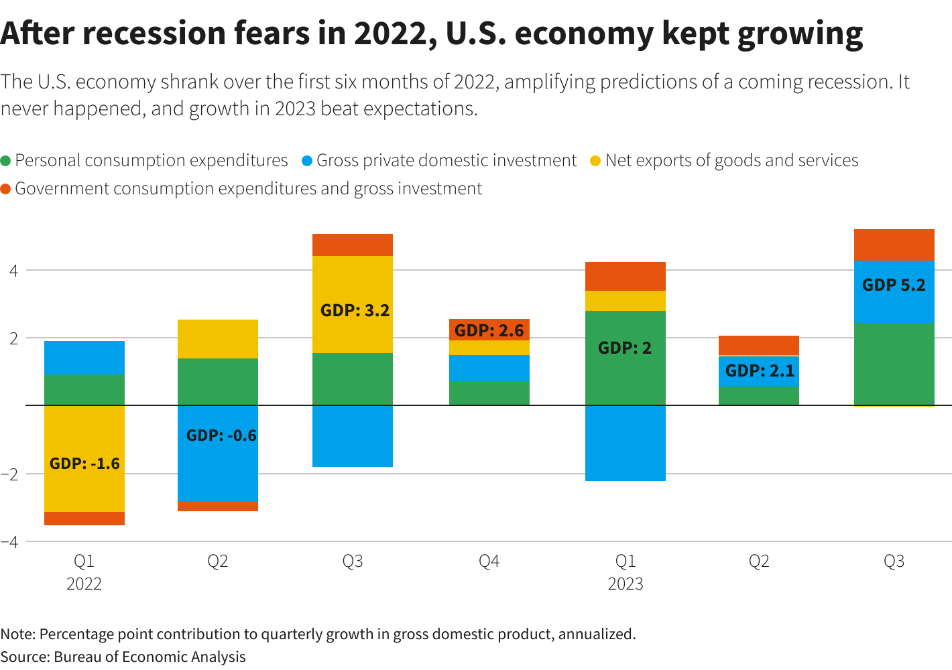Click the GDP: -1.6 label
click(x=84, y=464)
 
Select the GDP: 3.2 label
click(x=355, y=310)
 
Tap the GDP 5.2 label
click(x=894, y=285)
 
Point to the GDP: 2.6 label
click(x=489, y=330)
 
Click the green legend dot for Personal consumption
click(x=6, y=161)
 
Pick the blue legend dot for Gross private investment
click(x=307, y=161)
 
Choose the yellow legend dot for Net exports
click(x=595, y=161)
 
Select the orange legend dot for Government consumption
click(x=6, y=189)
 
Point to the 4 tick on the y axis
click(x=13, y=271)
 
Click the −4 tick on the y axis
click(x=9, y=541)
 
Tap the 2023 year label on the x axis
click(x=625, y=584)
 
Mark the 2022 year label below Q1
click(x=84, y=584)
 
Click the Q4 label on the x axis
click(x=489, y=561)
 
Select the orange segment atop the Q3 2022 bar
click(x=353, y=245)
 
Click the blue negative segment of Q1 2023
click(x=625, y=444)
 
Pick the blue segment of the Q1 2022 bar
click(x=84, y=358)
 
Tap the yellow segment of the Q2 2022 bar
click(x=218, y=339)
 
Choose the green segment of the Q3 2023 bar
click(x=894, y=364)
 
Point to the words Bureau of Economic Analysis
click(x=150, y=657)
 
